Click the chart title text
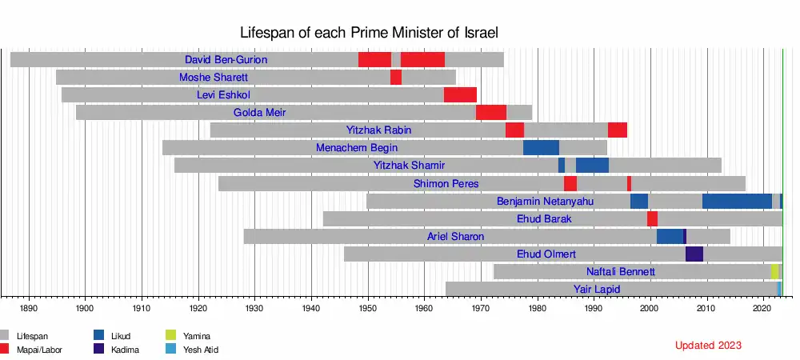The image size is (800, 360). point(370,33)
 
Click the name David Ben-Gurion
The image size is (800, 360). point(226,60)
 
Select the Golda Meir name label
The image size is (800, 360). point(259,113)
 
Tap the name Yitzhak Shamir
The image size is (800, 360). point(409,166)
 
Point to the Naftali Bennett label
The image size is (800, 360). point(620,271)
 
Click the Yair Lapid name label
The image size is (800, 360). point(597,289)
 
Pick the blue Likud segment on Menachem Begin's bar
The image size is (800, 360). point(541,148)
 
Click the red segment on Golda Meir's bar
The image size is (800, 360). point(490,113)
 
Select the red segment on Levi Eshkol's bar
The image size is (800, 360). point(460,95)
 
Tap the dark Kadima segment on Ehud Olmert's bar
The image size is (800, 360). point(694,254)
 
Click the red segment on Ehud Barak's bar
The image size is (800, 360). point(652,218)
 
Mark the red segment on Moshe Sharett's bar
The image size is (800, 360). point(396,78)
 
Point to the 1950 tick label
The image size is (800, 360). point(368,307)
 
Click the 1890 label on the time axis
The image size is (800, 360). point(29,307)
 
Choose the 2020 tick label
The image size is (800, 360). point(763,307)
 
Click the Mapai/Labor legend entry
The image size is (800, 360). point(39,350)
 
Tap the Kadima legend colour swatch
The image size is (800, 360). point(98,350)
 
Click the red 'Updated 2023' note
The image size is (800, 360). point(708,346)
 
